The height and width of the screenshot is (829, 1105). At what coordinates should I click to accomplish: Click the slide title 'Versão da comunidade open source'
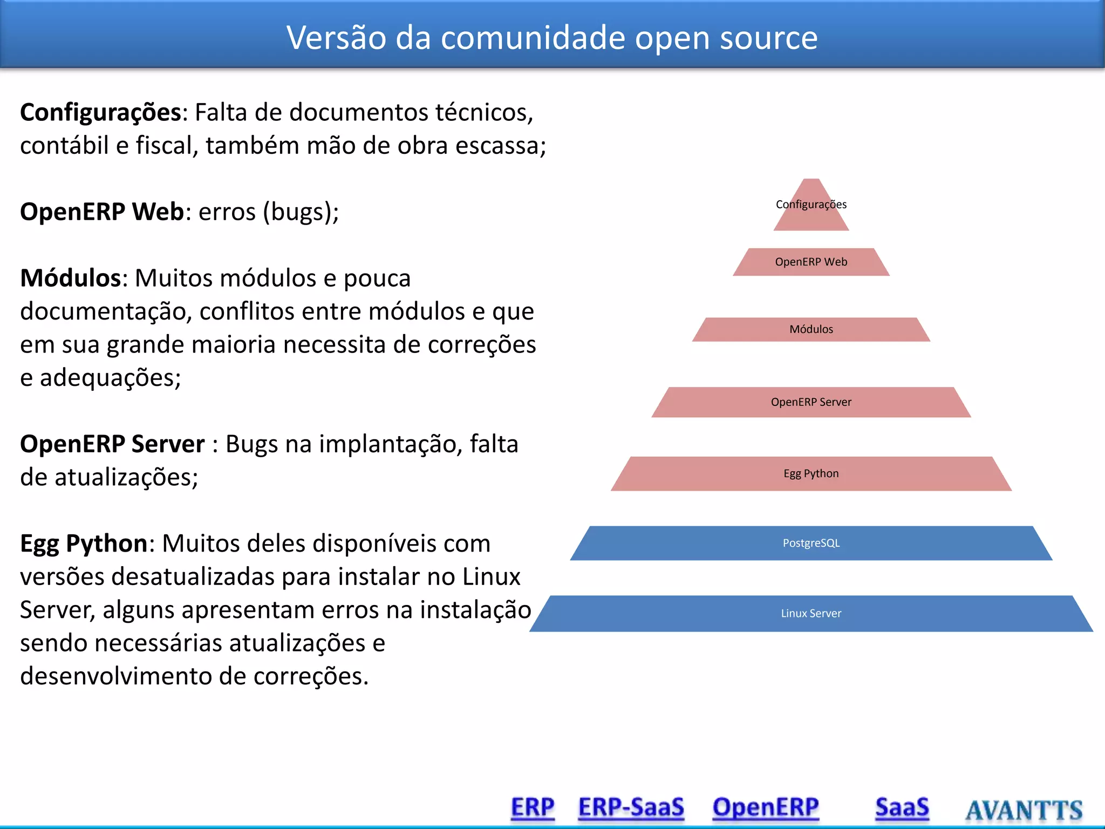coord(552,38)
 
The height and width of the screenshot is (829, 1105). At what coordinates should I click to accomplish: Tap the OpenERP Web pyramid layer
coord(811,262)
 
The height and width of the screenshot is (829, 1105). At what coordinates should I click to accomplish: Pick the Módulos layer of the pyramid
coord(811,329)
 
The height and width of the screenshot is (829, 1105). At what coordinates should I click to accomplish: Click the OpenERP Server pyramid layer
coord(811,402)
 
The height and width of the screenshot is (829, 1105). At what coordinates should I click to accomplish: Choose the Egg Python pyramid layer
coord(811,474)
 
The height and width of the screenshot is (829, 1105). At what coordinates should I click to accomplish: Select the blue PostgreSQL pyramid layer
coord(811,543)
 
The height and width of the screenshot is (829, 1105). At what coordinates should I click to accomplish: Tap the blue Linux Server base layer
coord(811,614)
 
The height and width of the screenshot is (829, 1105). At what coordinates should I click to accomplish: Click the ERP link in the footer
coord(533,808)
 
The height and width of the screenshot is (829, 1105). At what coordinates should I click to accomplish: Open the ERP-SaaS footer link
coord(631,808)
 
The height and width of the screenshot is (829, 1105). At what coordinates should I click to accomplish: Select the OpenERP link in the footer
coord(766,808)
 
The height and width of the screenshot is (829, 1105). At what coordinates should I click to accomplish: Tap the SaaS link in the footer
coord(902,808)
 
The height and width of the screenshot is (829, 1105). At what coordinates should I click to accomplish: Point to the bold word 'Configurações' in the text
coord(100,113)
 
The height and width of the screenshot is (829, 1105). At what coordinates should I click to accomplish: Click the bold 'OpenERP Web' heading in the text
coord(102,212)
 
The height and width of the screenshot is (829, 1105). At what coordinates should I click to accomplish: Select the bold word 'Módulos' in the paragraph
coord(70,278)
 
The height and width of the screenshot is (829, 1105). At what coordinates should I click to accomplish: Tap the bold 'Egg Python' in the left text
coord(84,543)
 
